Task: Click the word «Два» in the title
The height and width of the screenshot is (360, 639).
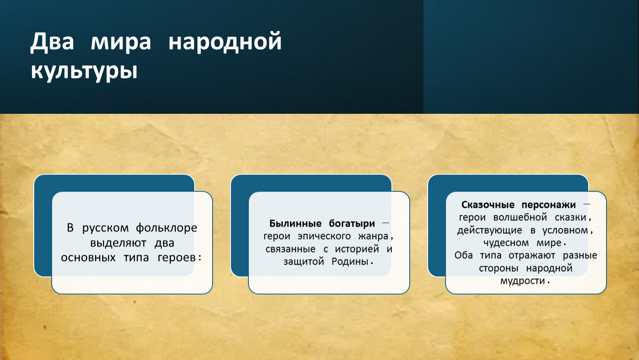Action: pos(52,42)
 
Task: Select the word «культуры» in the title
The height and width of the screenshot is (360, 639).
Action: pos(84,71)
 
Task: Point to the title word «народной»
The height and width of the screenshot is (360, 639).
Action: pos(225,42)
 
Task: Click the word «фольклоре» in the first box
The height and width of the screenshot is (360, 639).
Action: pos(166,228)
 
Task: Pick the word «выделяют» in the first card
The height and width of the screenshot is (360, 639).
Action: pos(118,243)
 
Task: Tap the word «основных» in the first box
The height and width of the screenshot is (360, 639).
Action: pos(88,257)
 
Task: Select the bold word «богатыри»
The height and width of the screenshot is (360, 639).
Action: pos(352,224)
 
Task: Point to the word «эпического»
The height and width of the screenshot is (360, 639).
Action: pos(324,236)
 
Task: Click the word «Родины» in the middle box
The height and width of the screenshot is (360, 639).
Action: pos(350,261)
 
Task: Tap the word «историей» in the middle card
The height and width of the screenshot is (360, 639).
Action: pos(357,249)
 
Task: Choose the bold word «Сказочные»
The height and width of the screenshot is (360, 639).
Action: pos(488,205)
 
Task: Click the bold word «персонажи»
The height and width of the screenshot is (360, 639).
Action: pos(549,205)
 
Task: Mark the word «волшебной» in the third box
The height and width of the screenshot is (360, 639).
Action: pos(520,217)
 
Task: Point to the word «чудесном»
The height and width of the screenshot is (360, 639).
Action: pos(506,243)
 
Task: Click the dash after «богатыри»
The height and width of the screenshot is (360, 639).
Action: pos(386,222)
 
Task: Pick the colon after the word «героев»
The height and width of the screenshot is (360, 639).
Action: pos(200,257)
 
